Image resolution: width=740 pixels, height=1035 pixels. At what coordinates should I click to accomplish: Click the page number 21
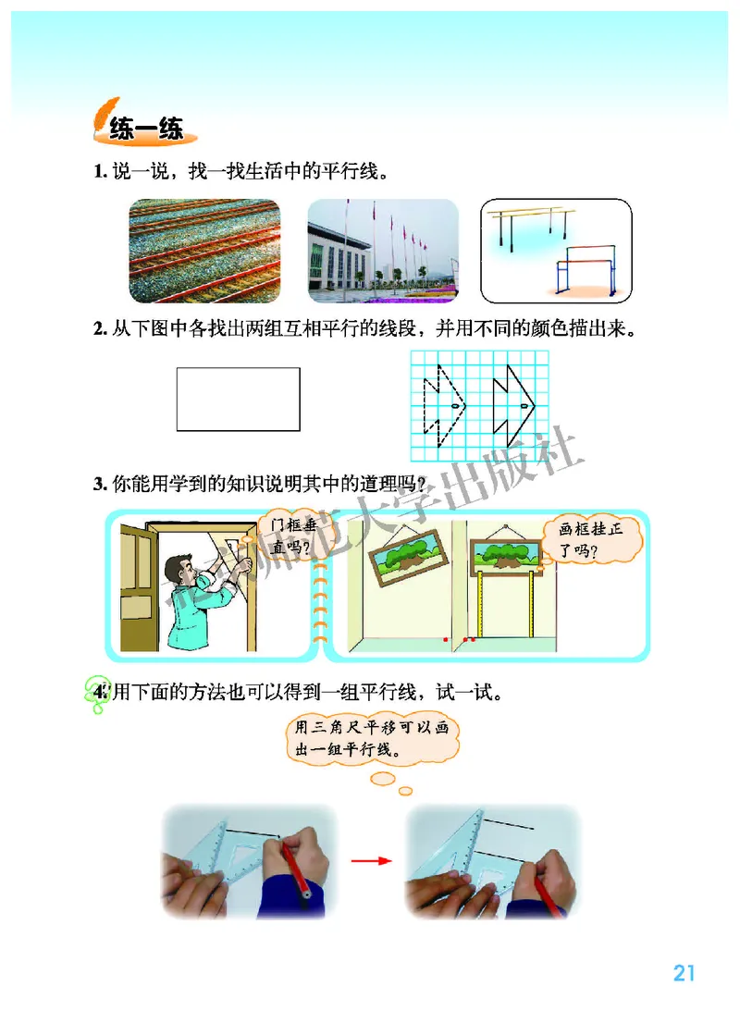click(x=684, y=973)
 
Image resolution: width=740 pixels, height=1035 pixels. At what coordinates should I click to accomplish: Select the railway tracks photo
click(x=203, y=251)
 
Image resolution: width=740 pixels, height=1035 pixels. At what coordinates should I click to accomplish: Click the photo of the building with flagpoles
click(x=383, y=251)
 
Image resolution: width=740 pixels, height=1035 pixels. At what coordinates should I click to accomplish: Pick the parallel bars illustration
click(x=557, y=251)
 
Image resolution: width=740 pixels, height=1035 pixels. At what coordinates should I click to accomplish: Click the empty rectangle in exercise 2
click(x=238, y=399)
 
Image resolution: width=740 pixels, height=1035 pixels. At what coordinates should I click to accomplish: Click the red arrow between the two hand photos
click(x=370, y=860)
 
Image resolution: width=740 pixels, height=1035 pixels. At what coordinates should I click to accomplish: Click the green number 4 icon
click(x=95, y=691)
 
